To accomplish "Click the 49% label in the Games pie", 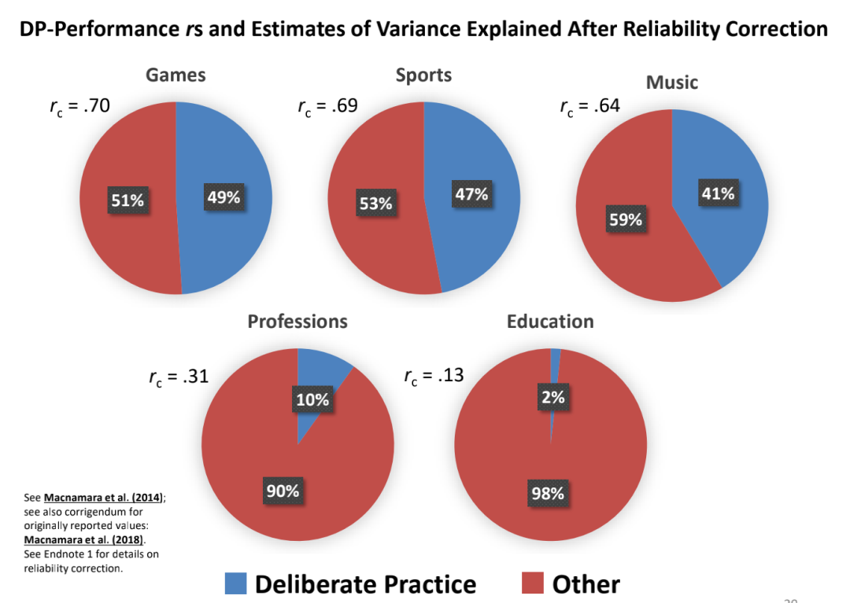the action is (x=224, y=197).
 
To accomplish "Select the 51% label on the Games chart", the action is (x=128, y=200).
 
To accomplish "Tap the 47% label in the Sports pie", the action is (x=471, y=193).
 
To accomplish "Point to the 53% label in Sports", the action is (x=375, y=203).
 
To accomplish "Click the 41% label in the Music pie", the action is (x=718, y=193).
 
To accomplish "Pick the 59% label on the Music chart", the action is (x=626, y=219).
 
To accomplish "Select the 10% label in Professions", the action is (x=312, y=399).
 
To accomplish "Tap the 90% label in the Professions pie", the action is (x=283, y=491).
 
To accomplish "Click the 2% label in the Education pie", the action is (x=553, y=397).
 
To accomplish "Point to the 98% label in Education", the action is (x=548, y=493).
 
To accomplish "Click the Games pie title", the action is (x=176, y=75).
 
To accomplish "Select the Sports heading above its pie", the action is (x=423, y=75).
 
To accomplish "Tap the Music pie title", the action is (x=671, y=83).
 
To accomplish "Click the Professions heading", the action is (x=297, y=322).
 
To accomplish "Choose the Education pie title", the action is (x=550, y=322).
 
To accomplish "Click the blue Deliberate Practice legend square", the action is (x=236, y=583).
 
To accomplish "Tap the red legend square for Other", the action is (x=532, y=583).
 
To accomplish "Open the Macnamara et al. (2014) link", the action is (x=103, y=498).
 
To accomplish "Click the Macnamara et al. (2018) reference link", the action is (x=84, y=539).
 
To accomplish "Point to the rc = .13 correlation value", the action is (x=434, y=376).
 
